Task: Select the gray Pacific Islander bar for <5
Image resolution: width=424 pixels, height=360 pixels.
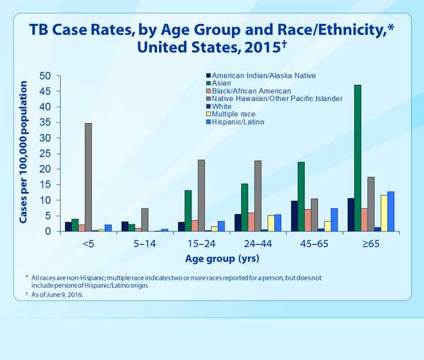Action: tap(88, 177)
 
